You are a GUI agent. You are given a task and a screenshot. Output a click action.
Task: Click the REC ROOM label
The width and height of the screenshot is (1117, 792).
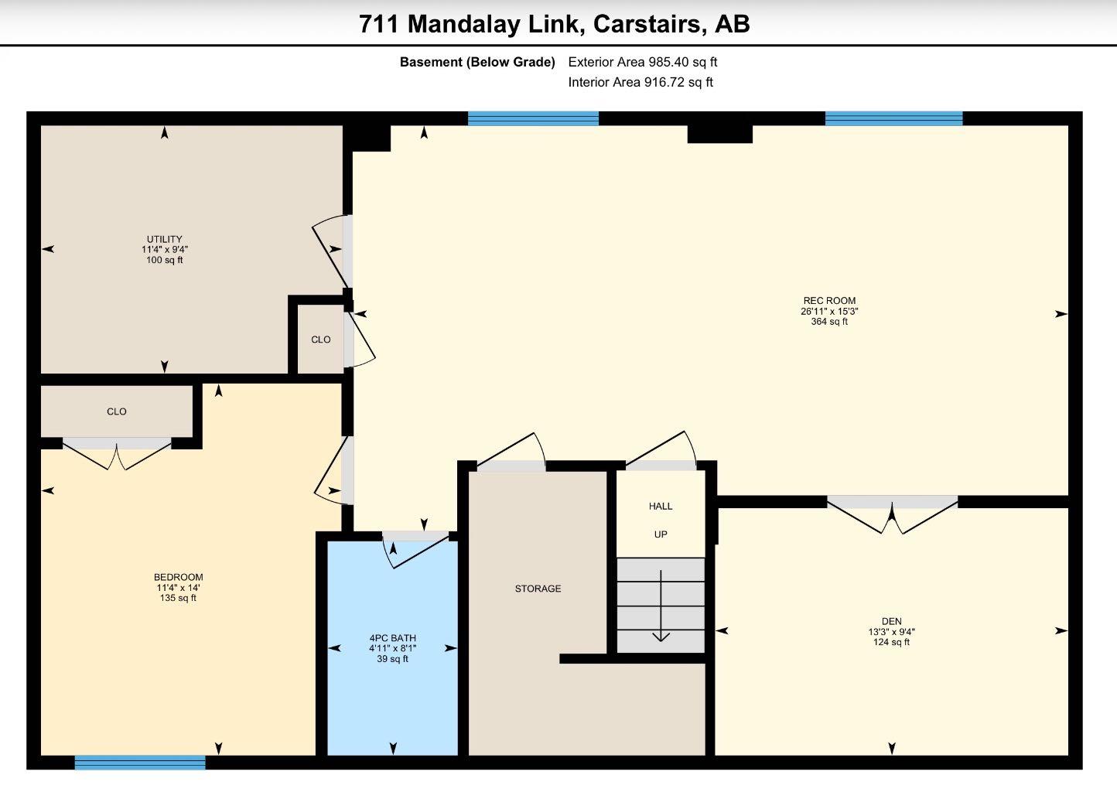click(829, 301)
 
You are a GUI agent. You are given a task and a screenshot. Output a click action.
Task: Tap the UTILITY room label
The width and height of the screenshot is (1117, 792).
click(165, 240)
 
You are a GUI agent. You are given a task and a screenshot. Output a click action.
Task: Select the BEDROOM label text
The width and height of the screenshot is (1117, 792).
click(178, 577)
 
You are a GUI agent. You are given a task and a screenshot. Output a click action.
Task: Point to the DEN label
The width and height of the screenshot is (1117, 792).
click(892, 621)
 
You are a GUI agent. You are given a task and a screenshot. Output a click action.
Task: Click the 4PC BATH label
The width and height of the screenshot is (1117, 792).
click(392, 638)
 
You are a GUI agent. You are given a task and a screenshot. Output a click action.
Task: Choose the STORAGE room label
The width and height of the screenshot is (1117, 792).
click(538, 589)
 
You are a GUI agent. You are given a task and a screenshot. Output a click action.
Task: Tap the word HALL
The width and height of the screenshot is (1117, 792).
click(661, 507)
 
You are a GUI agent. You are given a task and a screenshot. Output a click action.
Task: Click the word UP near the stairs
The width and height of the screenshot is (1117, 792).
click(661, 534)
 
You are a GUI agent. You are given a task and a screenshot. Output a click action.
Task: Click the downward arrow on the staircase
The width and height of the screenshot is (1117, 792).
click(661, 606)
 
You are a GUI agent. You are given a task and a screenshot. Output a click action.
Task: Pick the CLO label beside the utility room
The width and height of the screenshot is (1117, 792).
click(321, 340)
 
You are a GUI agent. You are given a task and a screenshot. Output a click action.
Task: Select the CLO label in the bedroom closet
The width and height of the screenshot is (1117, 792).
click(117, 411)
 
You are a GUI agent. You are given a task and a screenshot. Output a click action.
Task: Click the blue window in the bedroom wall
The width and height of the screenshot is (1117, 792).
click(140, 763)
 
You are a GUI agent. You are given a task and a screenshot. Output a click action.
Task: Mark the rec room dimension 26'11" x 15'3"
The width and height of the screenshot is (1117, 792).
click(829, 311)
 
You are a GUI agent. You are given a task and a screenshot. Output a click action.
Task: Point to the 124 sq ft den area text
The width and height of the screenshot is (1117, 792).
click(892, 643)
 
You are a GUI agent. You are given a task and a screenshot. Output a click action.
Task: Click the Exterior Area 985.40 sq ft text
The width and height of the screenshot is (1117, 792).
click(643, 63)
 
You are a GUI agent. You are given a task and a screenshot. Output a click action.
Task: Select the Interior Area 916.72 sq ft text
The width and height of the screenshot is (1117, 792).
click(640, 82)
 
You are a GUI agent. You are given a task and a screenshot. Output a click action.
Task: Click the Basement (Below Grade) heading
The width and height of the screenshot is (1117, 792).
click(477, 63)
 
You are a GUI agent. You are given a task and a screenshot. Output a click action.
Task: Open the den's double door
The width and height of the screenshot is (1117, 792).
click(893, 514)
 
